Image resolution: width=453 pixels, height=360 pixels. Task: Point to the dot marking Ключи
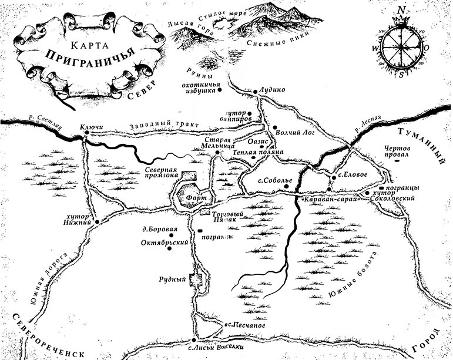pos(86,133)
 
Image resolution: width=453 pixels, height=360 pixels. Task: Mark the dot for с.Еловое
pos(333,175)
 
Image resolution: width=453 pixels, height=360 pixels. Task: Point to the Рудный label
pos(177,280)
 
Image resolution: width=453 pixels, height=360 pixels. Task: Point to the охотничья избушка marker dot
pos(220,90)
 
